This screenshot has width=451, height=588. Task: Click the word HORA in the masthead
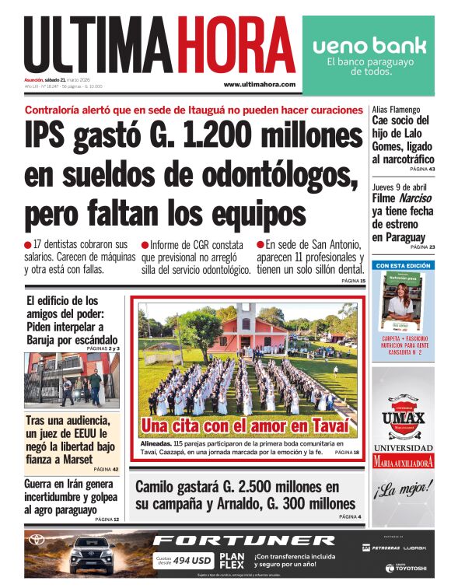[236, 45]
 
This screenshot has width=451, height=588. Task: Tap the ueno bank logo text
[369, 44]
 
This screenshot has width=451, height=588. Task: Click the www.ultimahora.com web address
[259, 84]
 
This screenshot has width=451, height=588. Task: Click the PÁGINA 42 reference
[106, 470]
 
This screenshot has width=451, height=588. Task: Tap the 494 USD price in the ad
[191, 559]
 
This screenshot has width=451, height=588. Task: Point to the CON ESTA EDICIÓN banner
[403, 265]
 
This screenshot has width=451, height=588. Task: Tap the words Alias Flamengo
[397, 110]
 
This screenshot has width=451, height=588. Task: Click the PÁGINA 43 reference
[421, 169]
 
